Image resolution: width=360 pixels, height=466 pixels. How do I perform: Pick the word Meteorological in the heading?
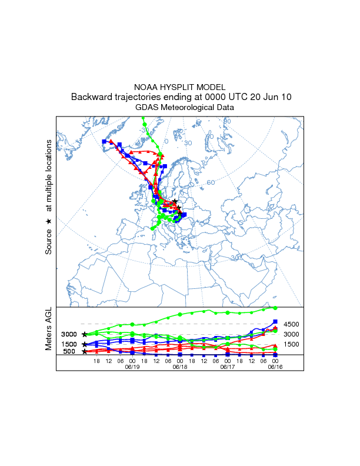pyautogui.click(x=189, y=108)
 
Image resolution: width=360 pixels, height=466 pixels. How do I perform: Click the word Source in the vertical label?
pyautogui.click(x=49, y=242)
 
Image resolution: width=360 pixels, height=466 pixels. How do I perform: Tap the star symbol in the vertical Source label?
pyautogui.click(x=49, y=221)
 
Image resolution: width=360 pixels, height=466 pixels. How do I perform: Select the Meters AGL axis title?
pyautogui.click(x=49, y=328)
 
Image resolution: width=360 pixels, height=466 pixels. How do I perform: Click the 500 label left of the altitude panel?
pyautogui.click(x=69, y=352)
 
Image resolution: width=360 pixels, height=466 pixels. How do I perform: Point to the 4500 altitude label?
pyautogui.click(x=292, y=324)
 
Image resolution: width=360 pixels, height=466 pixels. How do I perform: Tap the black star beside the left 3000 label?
pyautogui.click(x=85, y=334)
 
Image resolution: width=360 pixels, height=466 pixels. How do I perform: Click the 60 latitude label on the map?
pyautogui.click(x=210, y=182)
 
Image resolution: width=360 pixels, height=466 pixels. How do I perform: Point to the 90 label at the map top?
pyautogui.click(x=226, y=122)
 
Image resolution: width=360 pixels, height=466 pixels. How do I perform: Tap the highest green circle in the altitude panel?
pyautogui.click(x=275, y=308)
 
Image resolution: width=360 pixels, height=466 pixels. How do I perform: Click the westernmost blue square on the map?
pyautogui.click(x=104, y=142)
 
